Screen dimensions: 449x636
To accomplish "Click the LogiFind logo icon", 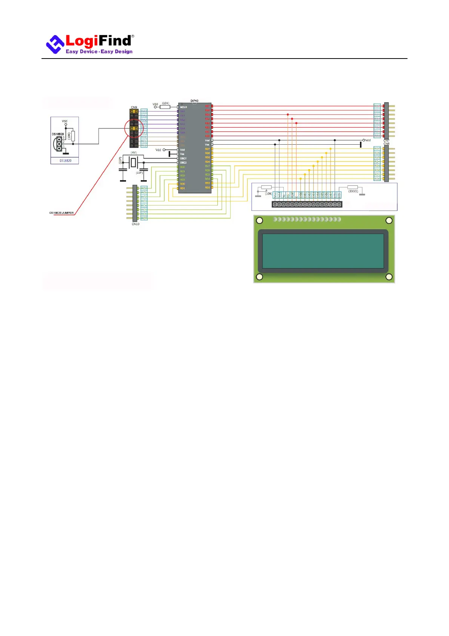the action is [55, 44].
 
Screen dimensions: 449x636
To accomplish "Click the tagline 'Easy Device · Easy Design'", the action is [99, 52].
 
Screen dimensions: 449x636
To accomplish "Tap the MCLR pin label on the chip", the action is [183, 107].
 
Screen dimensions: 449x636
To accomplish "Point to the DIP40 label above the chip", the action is [194, 101].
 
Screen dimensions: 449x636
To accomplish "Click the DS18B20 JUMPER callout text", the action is [62, 213].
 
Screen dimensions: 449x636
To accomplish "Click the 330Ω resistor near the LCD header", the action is [352, 187].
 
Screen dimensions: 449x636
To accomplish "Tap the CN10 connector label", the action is [135, 224].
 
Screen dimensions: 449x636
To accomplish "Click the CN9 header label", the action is [134, 108].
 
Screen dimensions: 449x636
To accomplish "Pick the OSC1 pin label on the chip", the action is [183, 159].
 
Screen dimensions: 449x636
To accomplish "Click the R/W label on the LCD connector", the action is [292, 195].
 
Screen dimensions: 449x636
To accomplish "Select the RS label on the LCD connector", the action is [288, 195].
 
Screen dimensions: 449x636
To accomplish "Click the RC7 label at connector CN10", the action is [144, 218].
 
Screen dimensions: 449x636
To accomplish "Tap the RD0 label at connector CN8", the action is [377, 179].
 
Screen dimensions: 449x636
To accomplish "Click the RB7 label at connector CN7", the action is [377, 106].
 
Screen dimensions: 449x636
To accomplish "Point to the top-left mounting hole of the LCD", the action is [260, 221].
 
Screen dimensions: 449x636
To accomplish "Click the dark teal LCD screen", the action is [323, 251].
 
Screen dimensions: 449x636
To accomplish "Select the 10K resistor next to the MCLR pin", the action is [165, 107].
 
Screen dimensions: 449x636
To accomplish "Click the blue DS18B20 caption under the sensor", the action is [65, 161].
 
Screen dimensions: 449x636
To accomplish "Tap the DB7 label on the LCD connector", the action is [331, 195].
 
